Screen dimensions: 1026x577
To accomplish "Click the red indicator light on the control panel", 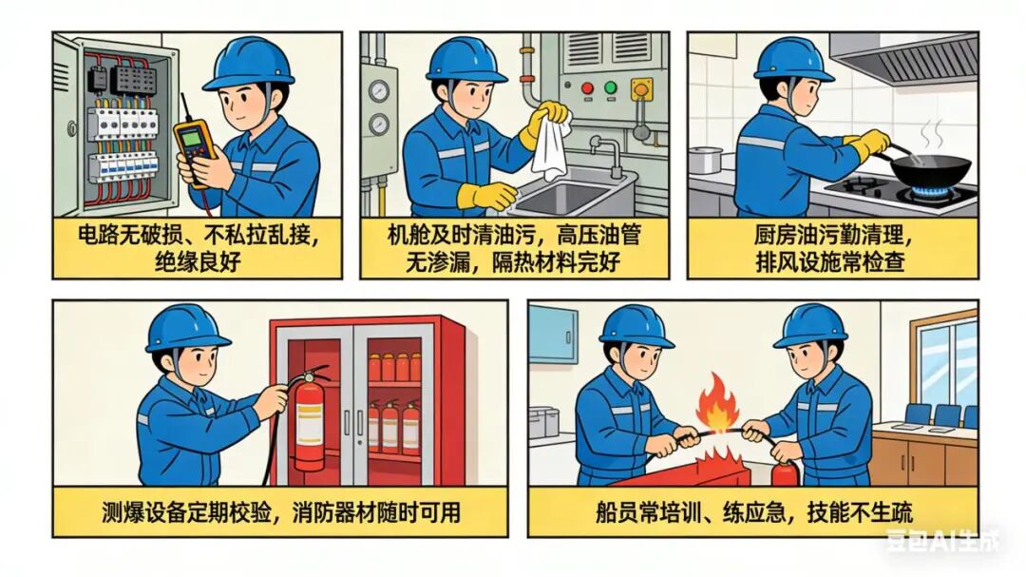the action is pos(587,87).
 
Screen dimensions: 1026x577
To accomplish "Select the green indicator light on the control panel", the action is pos(611,87).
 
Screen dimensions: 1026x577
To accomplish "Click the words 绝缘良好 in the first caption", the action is pos(198,261).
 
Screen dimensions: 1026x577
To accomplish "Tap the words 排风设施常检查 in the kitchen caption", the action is pos(830,261).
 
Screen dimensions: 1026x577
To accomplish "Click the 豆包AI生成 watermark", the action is pos(943,540).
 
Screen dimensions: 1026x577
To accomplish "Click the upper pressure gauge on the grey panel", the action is pos(378,90).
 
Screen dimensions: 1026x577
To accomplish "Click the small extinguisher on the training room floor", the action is pos(785,471).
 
